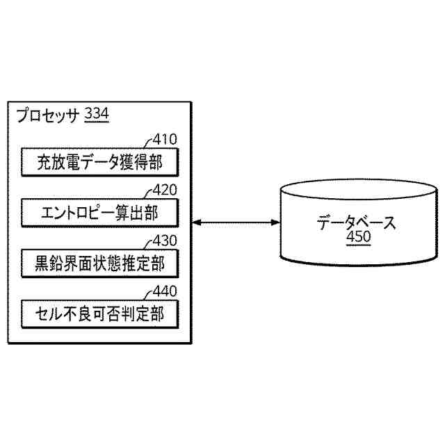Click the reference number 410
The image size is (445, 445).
click(165, 139)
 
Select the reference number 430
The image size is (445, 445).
click(165, 241)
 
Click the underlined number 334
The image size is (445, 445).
click(96, 115)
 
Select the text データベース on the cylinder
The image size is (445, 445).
click(357, 223)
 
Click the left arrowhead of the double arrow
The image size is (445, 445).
click(194, 223)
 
